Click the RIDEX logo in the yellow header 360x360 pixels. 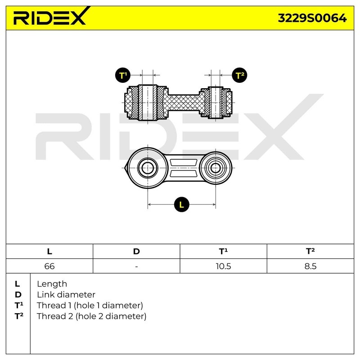click(49, 18)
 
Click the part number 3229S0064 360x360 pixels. click(312, 18)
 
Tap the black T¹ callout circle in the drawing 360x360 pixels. click(123, 75)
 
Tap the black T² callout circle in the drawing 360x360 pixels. click(239, 75)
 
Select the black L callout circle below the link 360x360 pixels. click(181, 205)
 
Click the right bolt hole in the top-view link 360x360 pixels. click(216, 169)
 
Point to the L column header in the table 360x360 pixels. click(49, 252)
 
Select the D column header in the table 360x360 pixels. click(136, 252)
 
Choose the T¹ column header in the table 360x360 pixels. click(223, 252)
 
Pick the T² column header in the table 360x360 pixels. click(310, 252)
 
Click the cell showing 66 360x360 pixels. click(49, 266)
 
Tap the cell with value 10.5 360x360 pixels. click(223, 266)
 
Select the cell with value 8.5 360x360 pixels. click(310, 266)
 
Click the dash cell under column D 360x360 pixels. click(136, 266)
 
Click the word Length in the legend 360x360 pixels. click(52, 284)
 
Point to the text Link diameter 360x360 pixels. click(66, 295)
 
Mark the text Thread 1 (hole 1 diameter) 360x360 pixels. click(90, 306)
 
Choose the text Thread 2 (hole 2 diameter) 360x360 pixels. click(91, 316)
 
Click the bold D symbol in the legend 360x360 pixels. click(18, 295)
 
